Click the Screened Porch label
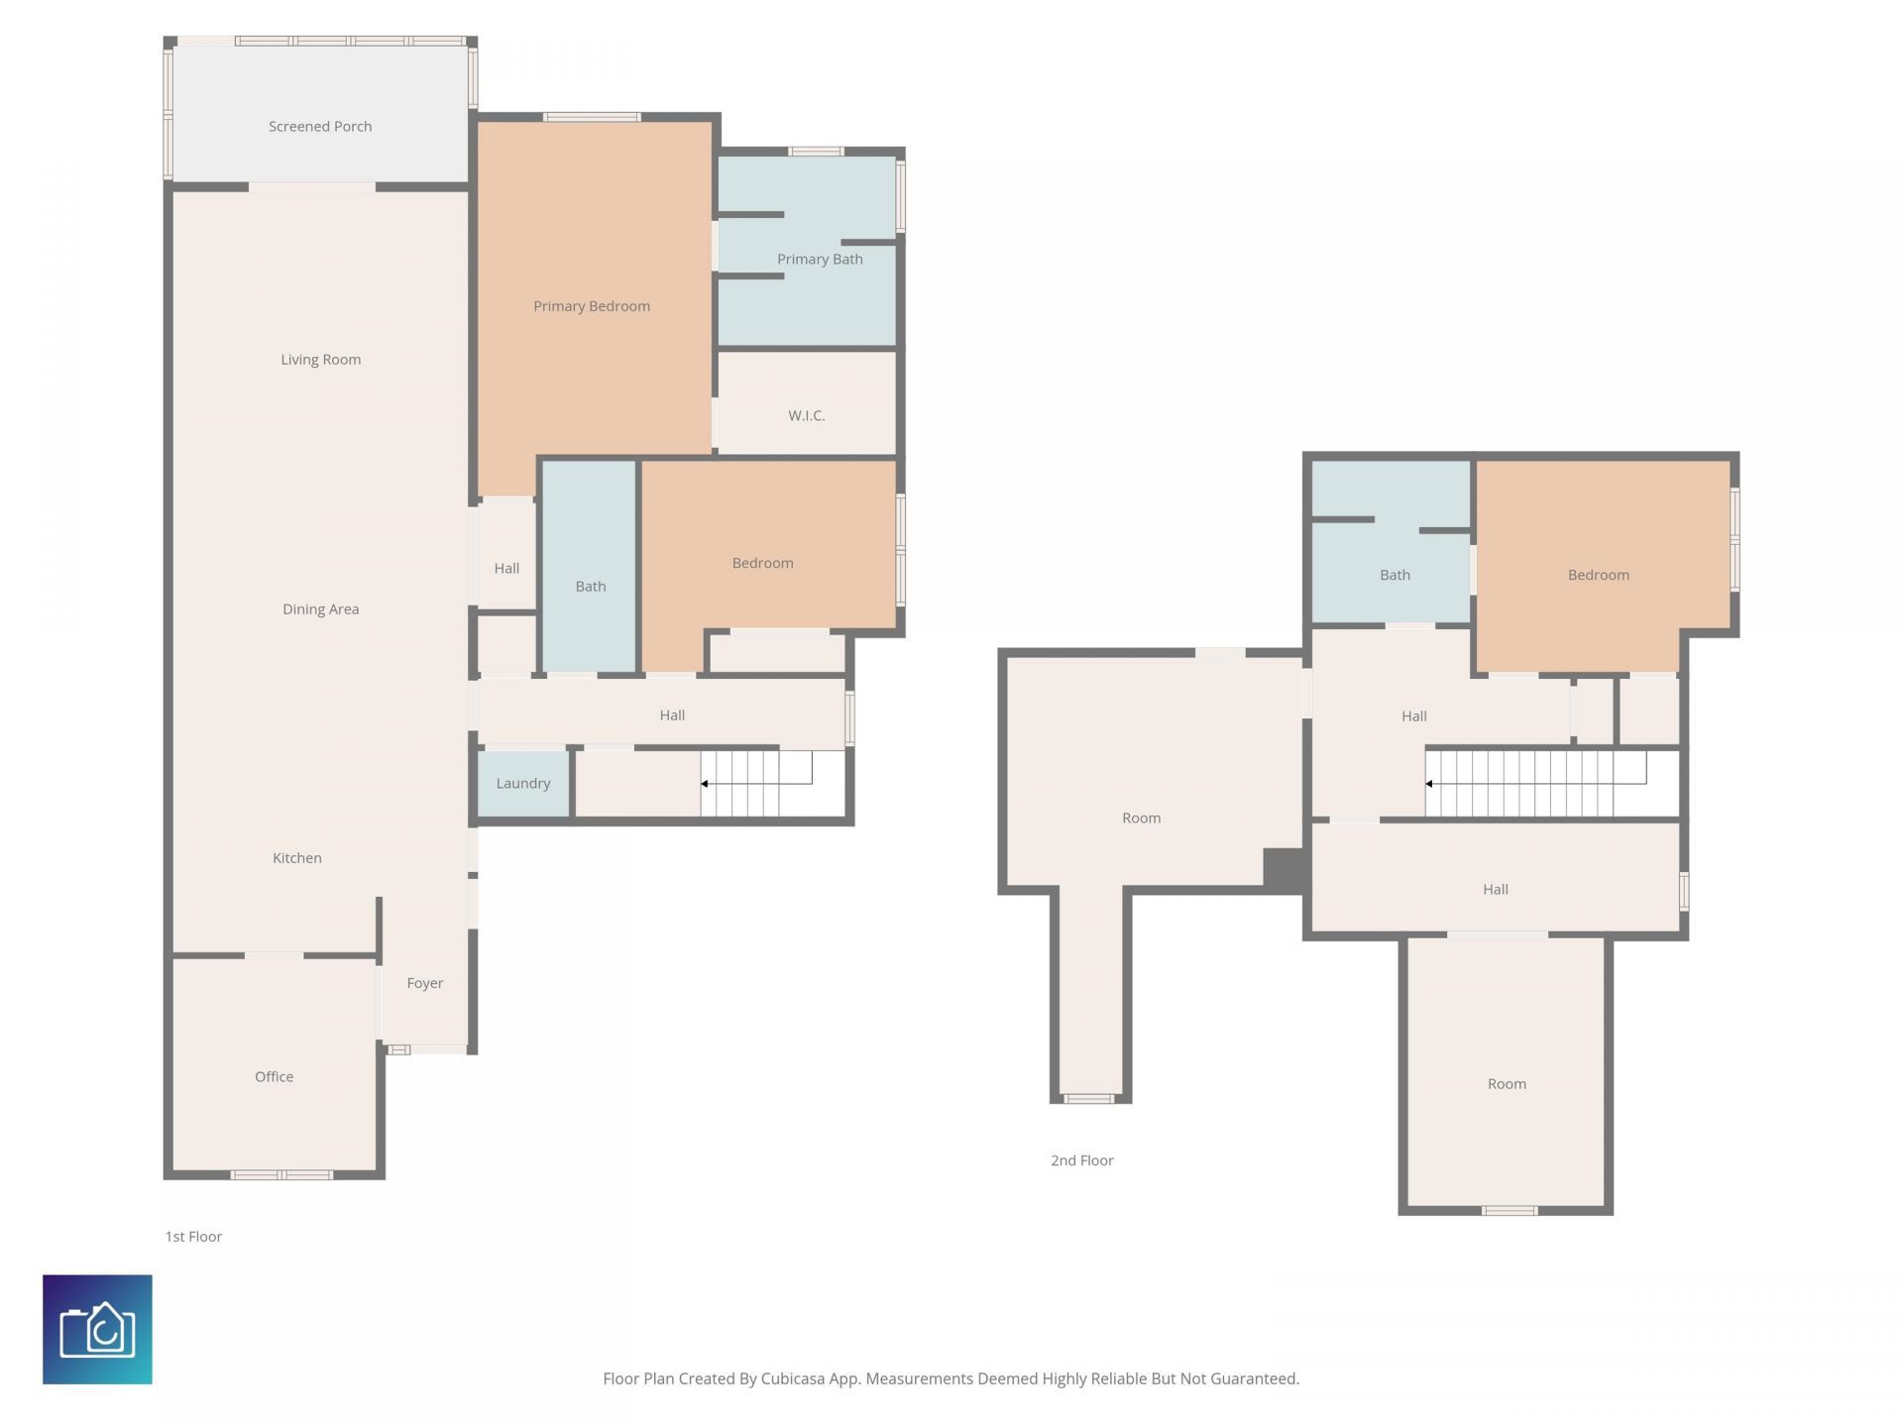click(x=320, y=127)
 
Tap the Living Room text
click(x=320, y=360)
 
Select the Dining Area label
click(x=320, y=609)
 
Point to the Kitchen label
click(x=297, y=858)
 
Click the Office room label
click(x=274, y=1077)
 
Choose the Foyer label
click(x=424, y=983)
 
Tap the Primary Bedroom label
click(x=592, y=306)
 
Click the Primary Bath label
click(x=820, y=260)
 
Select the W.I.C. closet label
click(x=806, y=416)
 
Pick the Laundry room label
click(x=522, y=784)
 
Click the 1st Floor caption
click(x=193, y=1237)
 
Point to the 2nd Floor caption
click(x=1081, y=1160)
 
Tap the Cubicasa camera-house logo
click(x=97, y=1329)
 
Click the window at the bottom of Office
click(x=281, y=1175)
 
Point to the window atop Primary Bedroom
click(x=592, y=117)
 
